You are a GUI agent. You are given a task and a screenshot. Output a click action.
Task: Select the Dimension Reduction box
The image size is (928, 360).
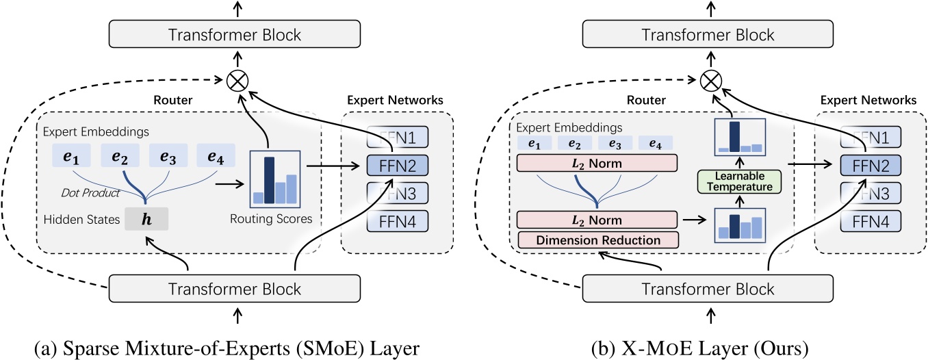[x=597, y=240]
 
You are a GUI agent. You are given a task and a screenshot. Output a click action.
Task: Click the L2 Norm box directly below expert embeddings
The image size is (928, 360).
[x=597, y=163]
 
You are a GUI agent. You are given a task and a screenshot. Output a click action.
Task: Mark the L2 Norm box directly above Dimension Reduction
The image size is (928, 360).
[x=597, y=220]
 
